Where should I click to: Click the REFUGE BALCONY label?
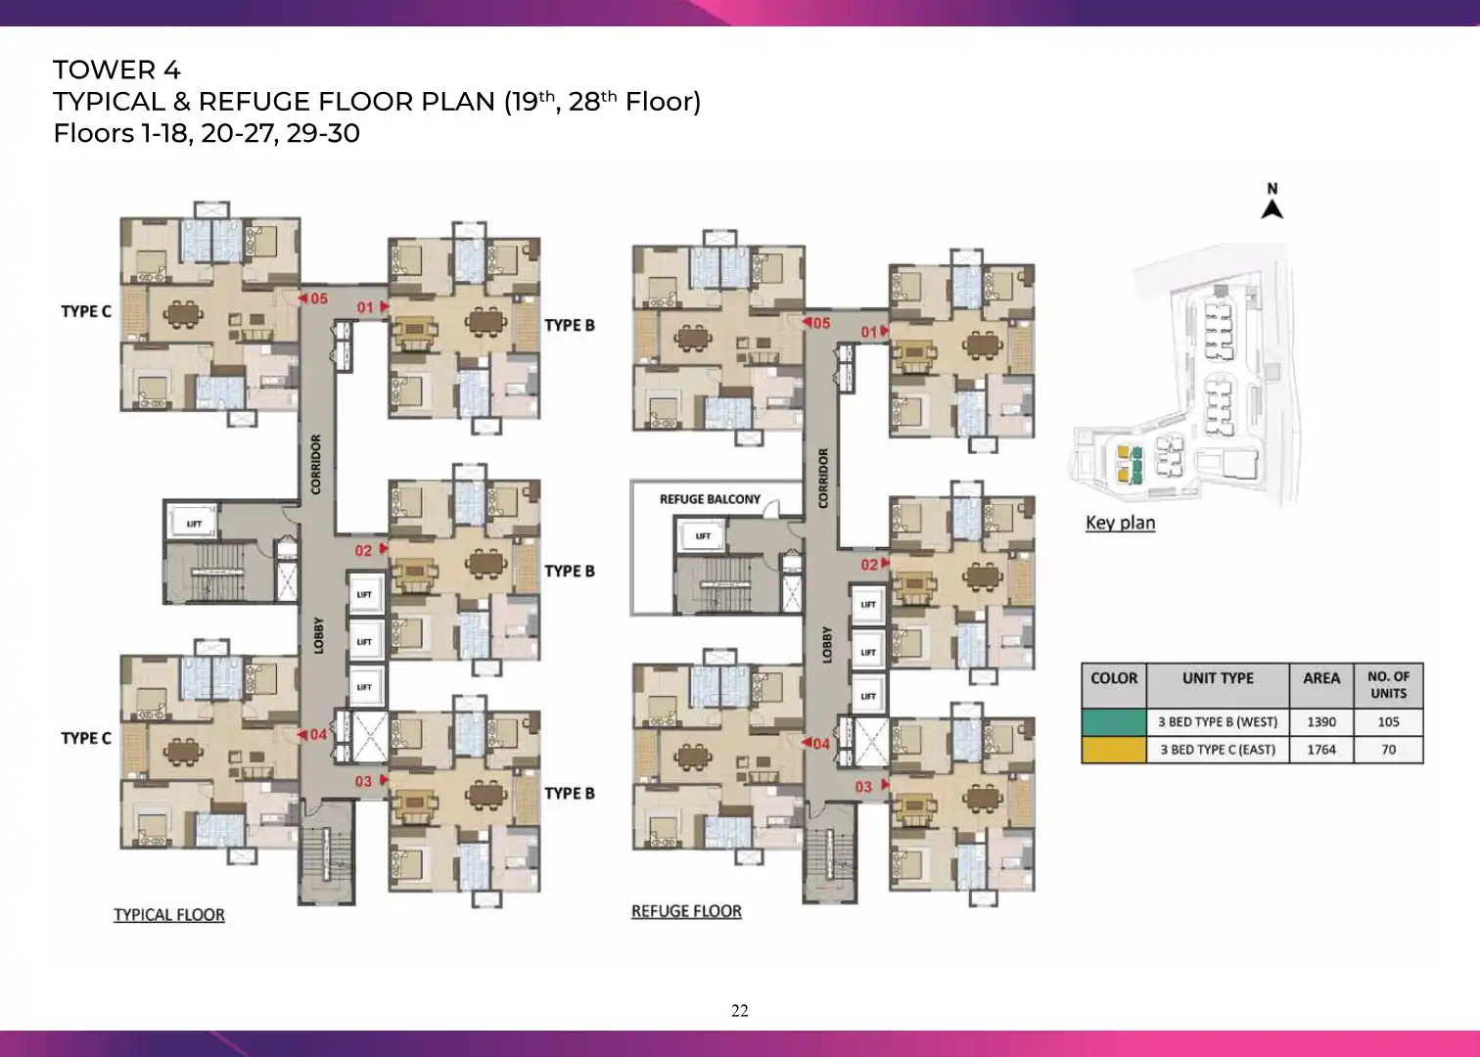click(x=710, y=499)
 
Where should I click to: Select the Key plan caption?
click(x=1121, y=523)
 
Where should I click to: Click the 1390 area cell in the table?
click(x=1321, y=722)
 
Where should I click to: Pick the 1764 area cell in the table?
click(x=1321, y=750)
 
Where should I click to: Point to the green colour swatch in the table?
click(x=1114, y=722)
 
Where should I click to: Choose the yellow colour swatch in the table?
click(x=1114, y=750)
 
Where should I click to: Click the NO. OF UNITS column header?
click(x=1388, y=685)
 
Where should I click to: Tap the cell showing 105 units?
click(x=1388, y=722)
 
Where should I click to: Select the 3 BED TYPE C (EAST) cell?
click(x=1218, y=750)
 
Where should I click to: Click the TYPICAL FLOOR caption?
click(x=169, y=915)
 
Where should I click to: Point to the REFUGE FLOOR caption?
click(x=686, y=912)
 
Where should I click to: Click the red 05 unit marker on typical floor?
click(x=312, y=299)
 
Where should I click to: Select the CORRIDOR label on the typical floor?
click(x=316, y=465)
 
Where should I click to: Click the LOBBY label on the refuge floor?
click(x=826, y=645)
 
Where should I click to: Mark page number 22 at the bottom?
click(x=740, y=1011)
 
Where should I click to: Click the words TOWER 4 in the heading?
click(x=116, y=70)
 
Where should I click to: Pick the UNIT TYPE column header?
click(x=1218, y=678)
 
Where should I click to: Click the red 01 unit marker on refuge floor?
click(x=874, y=332)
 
